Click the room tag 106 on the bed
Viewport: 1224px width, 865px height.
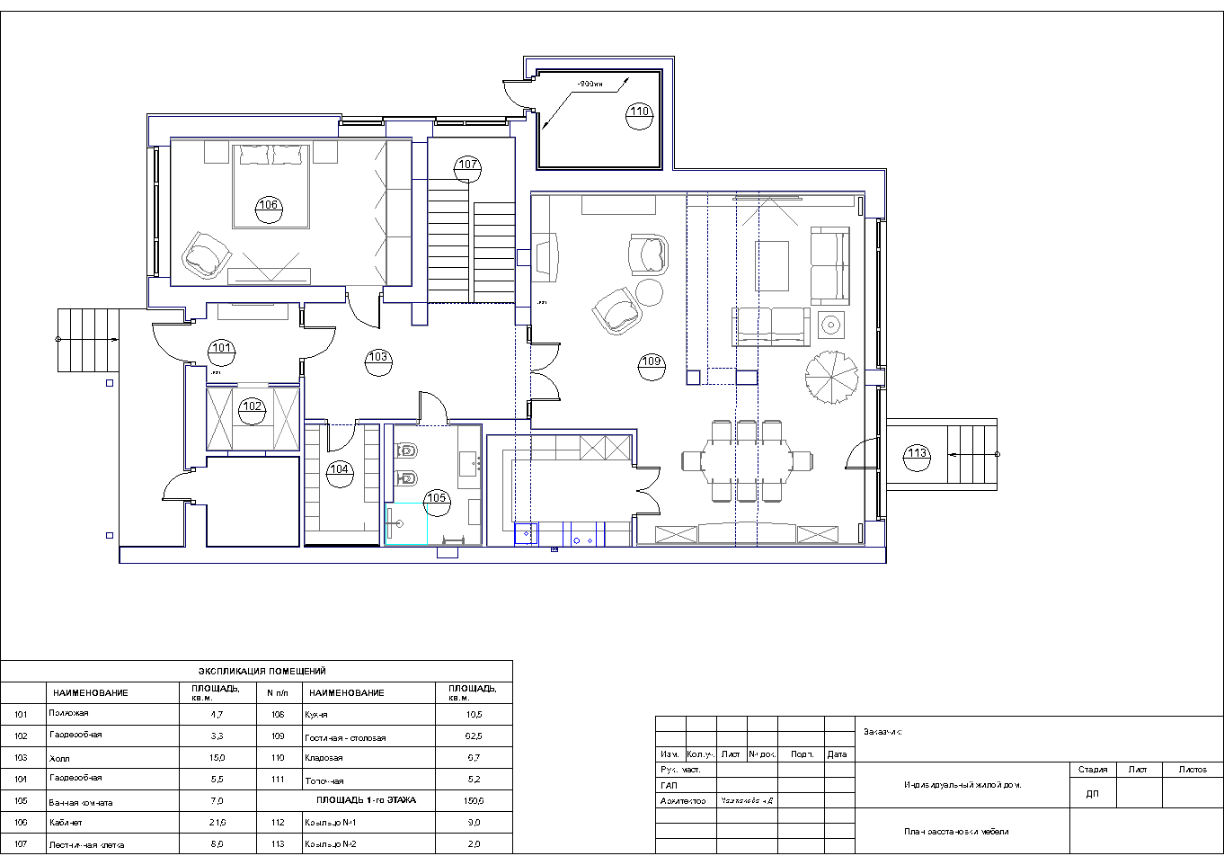pos(269,205)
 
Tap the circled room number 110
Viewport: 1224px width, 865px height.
pos(639,112)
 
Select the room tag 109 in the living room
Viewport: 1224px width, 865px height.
pos(652,362)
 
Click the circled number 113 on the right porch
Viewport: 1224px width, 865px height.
pos(917,453)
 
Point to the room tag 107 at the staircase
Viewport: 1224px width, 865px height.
pos(467,165)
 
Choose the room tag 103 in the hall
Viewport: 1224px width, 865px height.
pos(378,358)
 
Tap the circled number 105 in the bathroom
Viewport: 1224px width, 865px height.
pos(436,498)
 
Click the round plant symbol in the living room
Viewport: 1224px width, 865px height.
pos(831,375)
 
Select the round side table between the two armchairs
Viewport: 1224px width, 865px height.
pos(650,292)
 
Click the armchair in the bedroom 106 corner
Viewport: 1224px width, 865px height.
pos(205,254)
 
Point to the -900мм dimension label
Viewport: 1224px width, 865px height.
pos(590,84)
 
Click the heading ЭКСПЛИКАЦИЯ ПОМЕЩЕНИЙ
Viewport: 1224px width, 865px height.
pos(262,671)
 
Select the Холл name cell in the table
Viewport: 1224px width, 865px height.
pos(59,758)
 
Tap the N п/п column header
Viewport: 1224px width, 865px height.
pos(276,692)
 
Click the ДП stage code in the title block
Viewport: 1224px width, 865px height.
pos(1092,794)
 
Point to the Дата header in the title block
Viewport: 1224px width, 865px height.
pos(837,754)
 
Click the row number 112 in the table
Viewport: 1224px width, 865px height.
pos(278,822)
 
